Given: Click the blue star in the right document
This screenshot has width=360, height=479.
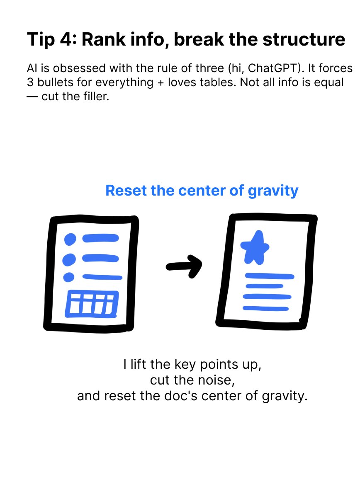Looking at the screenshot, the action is click(255, 248).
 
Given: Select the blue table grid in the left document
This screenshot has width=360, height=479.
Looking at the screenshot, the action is click(92, 304).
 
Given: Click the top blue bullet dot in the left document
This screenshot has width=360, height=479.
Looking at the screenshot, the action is click(70, 239).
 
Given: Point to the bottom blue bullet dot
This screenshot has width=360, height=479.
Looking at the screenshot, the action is click(68, 277).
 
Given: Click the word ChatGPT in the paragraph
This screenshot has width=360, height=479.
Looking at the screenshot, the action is click(272, 68).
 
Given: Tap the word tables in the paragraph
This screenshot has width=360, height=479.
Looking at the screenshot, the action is click(217, 82).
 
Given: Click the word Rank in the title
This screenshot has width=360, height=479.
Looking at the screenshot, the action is click(103, 39).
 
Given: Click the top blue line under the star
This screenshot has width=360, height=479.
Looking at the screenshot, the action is click(270, 276).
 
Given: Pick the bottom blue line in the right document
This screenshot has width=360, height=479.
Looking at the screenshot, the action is click(266, 308).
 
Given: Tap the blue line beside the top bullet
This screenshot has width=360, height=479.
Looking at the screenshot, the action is click(101, 238).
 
